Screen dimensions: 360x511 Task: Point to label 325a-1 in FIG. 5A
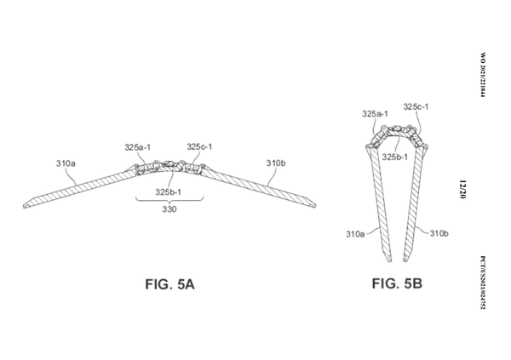pos(138,147)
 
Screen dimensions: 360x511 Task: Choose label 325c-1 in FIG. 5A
pos(201,146)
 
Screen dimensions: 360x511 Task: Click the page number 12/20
pos(460,188)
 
